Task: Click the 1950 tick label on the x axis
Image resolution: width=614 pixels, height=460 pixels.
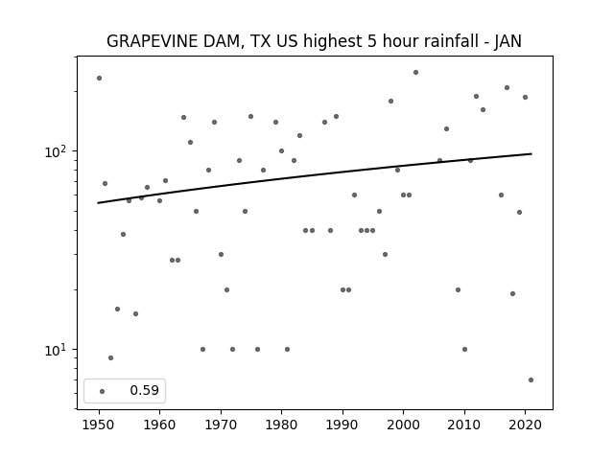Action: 99,425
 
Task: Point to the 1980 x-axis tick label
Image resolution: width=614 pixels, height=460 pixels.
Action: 281,425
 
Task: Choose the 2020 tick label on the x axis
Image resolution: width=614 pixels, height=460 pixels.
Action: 525,425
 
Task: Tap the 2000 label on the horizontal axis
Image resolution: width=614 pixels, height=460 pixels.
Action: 403,425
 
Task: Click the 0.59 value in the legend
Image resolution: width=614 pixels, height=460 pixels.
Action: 145,390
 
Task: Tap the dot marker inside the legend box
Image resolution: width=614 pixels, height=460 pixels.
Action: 103,391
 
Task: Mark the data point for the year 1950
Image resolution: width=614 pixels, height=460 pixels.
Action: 99,79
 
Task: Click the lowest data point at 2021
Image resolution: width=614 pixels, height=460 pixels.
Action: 531,379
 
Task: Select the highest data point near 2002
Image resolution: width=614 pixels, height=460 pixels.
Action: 415,73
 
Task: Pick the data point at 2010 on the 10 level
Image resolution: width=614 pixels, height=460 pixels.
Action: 464,349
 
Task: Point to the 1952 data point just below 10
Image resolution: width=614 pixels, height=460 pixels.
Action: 111,357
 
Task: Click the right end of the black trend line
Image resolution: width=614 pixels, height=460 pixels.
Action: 531,153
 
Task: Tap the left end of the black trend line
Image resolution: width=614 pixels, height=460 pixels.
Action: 98,202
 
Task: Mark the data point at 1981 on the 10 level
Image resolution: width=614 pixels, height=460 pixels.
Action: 288,349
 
